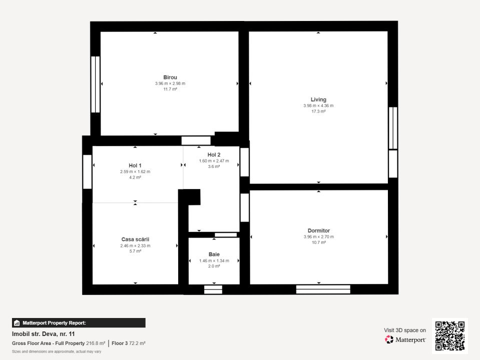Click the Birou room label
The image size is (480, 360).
click(170, 77)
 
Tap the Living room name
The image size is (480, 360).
click(318, 99)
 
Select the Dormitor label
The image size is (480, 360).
click(319, 230)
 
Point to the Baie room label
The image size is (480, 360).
click(214, 254)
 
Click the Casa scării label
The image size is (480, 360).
click(135, 239)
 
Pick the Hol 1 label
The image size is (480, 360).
click(135, 165)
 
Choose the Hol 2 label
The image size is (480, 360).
click(214, 155)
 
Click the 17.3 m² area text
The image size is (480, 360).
click(318, 111)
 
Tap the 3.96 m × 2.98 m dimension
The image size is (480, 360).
click(170, 83)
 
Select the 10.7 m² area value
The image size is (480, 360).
click(319, 242)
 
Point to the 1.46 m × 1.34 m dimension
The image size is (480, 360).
click(214, 260)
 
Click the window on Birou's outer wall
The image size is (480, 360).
click(96, 84)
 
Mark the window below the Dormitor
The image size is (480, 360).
click(323, 289)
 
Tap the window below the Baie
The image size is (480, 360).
click(213, 289)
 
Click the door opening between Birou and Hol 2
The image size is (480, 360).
click(196, 140)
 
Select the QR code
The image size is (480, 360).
click(449, 336)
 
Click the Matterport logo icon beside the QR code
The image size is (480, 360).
click(389, 339)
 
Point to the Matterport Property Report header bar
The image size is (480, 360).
click(79, 322)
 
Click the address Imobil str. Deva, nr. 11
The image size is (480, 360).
click(43, 334)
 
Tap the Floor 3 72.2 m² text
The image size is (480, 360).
click(129, 343)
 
